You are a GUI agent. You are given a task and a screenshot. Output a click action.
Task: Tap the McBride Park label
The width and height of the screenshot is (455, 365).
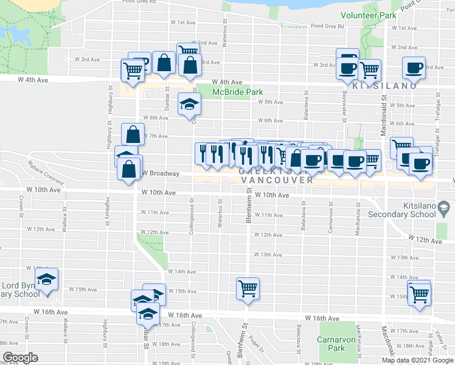pyautogui.click(x=237, y=92)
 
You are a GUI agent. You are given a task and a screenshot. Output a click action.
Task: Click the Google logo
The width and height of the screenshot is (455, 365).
pyautogui.click(x=20, y=358)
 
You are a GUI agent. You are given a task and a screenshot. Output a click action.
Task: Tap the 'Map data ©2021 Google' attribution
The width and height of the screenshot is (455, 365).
pyautogui.click(x=418, y=360)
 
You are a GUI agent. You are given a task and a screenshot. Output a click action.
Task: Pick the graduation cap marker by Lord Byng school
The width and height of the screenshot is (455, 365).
pyautogui.click(x=46, y=279)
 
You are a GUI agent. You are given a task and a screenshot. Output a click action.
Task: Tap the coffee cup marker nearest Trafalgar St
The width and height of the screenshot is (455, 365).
pyautogui.click(x=414, y=68)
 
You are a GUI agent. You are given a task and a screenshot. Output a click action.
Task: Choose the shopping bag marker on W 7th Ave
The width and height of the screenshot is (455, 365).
pyautogui.click(x=133, y=134)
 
